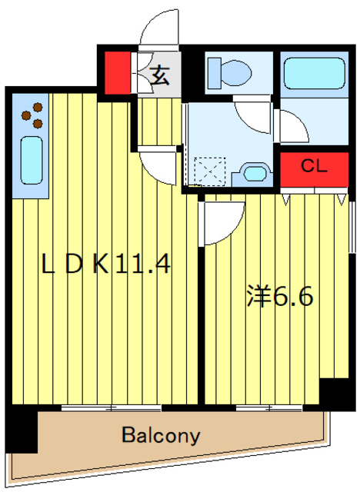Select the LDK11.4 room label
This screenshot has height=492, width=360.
(105, 265)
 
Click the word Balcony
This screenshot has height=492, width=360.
(161, 436)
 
